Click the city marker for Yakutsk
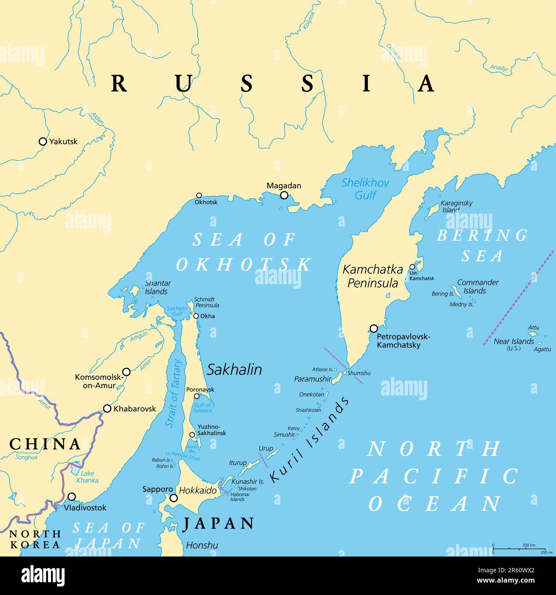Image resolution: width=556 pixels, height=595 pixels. [x=43, y=141]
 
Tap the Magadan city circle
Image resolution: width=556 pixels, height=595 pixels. [x=284, y=195]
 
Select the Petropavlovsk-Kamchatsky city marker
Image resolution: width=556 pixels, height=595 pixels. [x=374, y=328]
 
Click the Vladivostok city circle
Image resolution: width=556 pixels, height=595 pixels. [x=72, y=497]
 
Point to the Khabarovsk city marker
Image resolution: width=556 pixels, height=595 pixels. [x=107, y=408]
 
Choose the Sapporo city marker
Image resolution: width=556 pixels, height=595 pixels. [x=174, y=498]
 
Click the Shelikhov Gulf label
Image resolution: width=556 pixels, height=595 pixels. [x=365, y=189]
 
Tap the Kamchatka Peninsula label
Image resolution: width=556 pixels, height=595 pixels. [x=373, y=276]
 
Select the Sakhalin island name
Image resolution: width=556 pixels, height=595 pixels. [x=234, y=369]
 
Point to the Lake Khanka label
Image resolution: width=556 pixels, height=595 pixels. [x=87, y=476]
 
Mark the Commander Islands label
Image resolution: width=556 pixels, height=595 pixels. [x=477, y=286]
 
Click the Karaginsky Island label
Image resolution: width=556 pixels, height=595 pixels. [x=456, y=206]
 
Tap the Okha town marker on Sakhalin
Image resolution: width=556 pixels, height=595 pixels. [x=196, y=316]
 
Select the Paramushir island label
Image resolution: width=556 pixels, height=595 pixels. [x=312, y=379]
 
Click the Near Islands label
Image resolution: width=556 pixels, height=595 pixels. [x=513, y=341]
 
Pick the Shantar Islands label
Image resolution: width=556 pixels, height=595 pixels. [x=157, y=287]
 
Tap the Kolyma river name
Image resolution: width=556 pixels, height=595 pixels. [x=308, y=21]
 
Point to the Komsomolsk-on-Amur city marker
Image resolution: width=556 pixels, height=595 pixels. [x=127, y=372]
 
